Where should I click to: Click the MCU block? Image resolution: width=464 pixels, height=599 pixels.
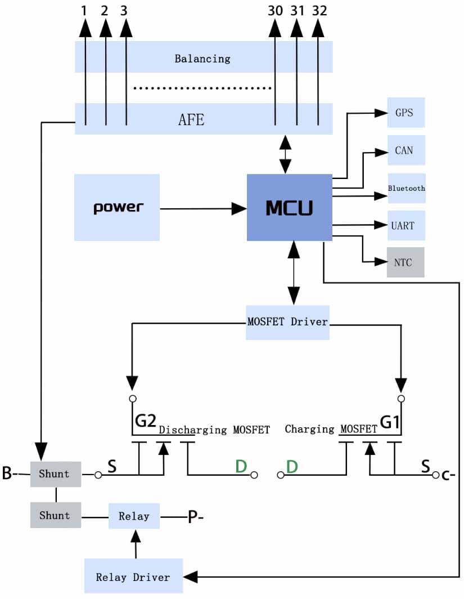click(289, 208)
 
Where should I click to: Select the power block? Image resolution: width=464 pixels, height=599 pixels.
click(117, 208)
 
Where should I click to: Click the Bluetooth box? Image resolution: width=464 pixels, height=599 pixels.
click(406, 188)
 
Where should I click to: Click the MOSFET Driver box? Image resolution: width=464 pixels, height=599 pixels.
click(287, 323)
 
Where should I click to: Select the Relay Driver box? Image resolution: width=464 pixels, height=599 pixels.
click(133, 576)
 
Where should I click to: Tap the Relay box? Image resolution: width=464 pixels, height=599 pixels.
click(134, 516)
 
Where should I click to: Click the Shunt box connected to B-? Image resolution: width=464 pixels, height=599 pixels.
click(55, 474)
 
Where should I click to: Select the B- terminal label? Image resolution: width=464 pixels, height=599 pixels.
click(10, 474)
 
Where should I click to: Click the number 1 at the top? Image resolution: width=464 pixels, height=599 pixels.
click(85, 10)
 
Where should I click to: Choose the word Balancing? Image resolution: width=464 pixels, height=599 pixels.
click(202, 58)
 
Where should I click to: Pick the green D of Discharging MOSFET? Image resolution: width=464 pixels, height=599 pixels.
click(241, 467)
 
